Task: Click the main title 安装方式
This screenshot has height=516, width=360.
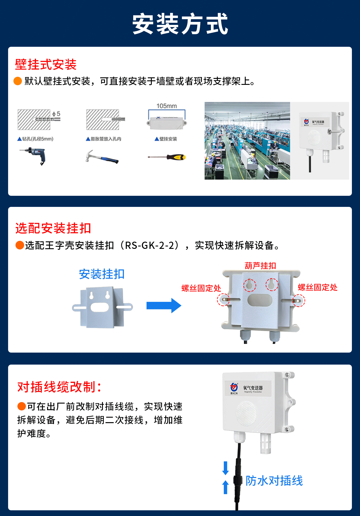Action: coord(180,24)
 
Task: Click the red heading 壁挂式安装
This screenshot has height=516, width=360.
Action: coord(46,64)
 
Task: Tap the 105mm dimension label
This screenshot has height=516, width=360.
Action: coord(166,106)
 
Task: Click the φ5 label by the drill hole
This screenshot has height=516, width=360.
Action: coord(56,114)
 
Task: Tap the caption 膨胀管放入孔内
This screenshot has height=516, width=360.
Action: coord(104,139)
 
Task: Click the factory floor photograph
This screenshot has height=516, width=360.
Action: coord(247,141)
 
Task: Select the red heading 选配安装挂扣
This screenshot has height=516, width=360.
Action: coord(53,228)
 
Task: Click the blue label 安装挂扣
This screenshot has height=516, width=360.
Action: coord(101,274)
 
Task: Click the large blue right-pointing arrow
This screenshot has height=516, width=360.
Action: coord(163,306)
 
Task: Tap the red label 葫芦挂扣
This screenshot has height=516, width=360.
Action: coord(260,266)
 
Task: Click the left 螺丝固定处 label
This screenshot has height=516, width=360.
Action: coord(201,288)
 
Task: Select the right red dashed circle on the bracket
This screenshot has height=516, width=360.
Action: coord(298,300)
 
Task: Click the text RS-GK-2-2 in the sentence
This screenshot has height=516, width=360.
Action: coord(149,245)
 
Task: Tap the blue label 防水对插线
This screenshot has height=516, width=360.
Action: coord(274,480)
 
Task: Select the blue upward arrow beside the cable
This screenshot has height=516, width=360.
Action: coord(226,487)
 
